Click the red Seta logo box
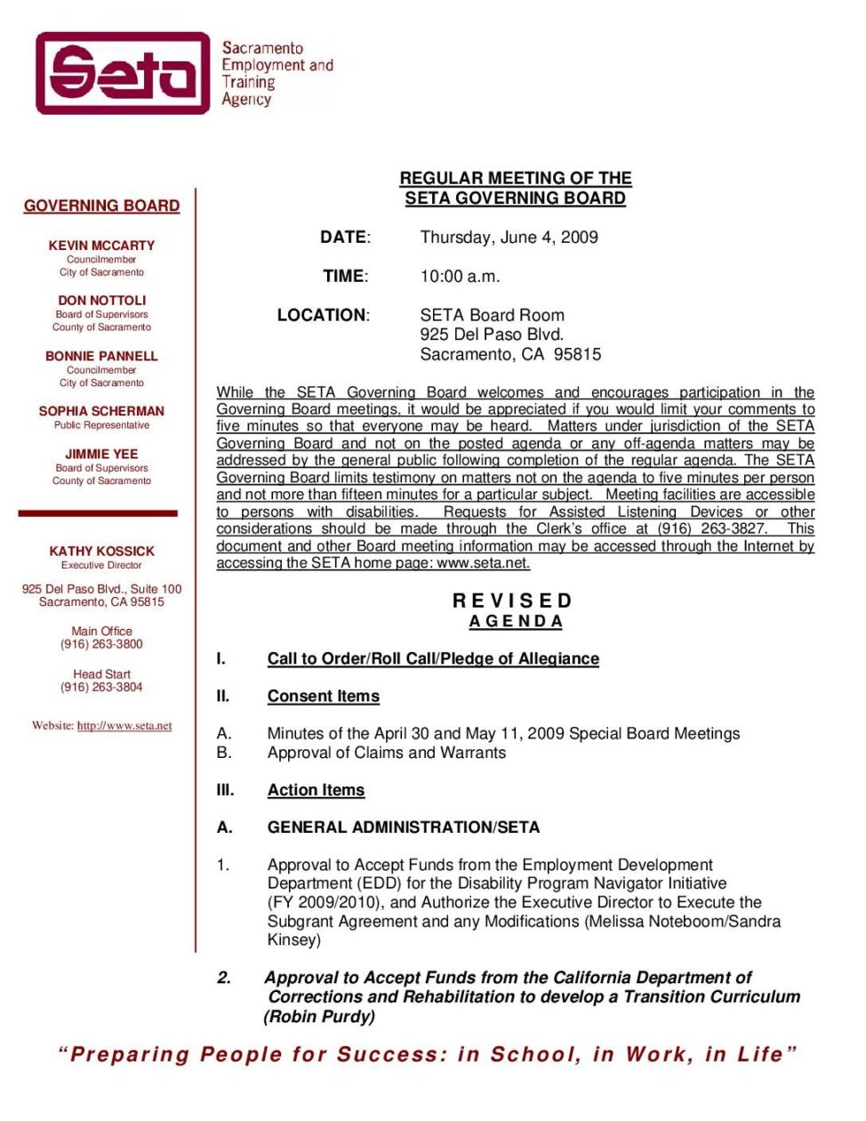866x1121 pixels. pos(123,73)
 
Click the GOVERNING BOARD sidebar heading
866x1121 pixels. pos(101,206)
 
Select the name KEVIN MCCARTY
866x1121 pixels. pos(101,246)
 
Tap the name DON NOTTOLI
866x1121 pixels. pos(101,301)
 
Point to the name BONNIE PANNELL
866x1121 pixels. pos(101,356)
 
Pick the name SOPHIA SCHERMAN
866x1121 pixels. pos(101,411)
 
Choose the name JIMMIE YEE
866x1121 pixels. pos(101,454)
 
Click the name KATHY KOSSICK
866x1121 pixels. pos(101,552)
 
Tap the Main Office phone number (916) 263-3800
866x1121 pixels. pos(101,644)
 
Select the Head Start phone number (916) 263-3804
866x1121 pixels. pos(101,687)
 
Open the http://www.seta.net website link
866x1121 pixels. pos(124,726)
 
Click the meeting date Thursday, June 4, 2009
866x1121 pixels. pos(509,238)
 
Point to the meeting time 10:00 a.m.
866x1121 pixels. pos(460,277)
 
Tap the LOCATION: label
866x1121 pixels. pos(323,315)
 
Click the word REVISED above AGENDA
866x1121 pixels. pos(513,601)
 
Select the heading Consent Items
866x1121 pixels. pos(324,697)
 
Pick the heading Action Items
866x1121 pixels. pos(316,790)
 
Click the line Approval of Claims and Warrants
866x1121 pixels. pos(387,753)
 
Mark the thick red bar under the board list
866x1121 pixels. pos(98,513)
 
